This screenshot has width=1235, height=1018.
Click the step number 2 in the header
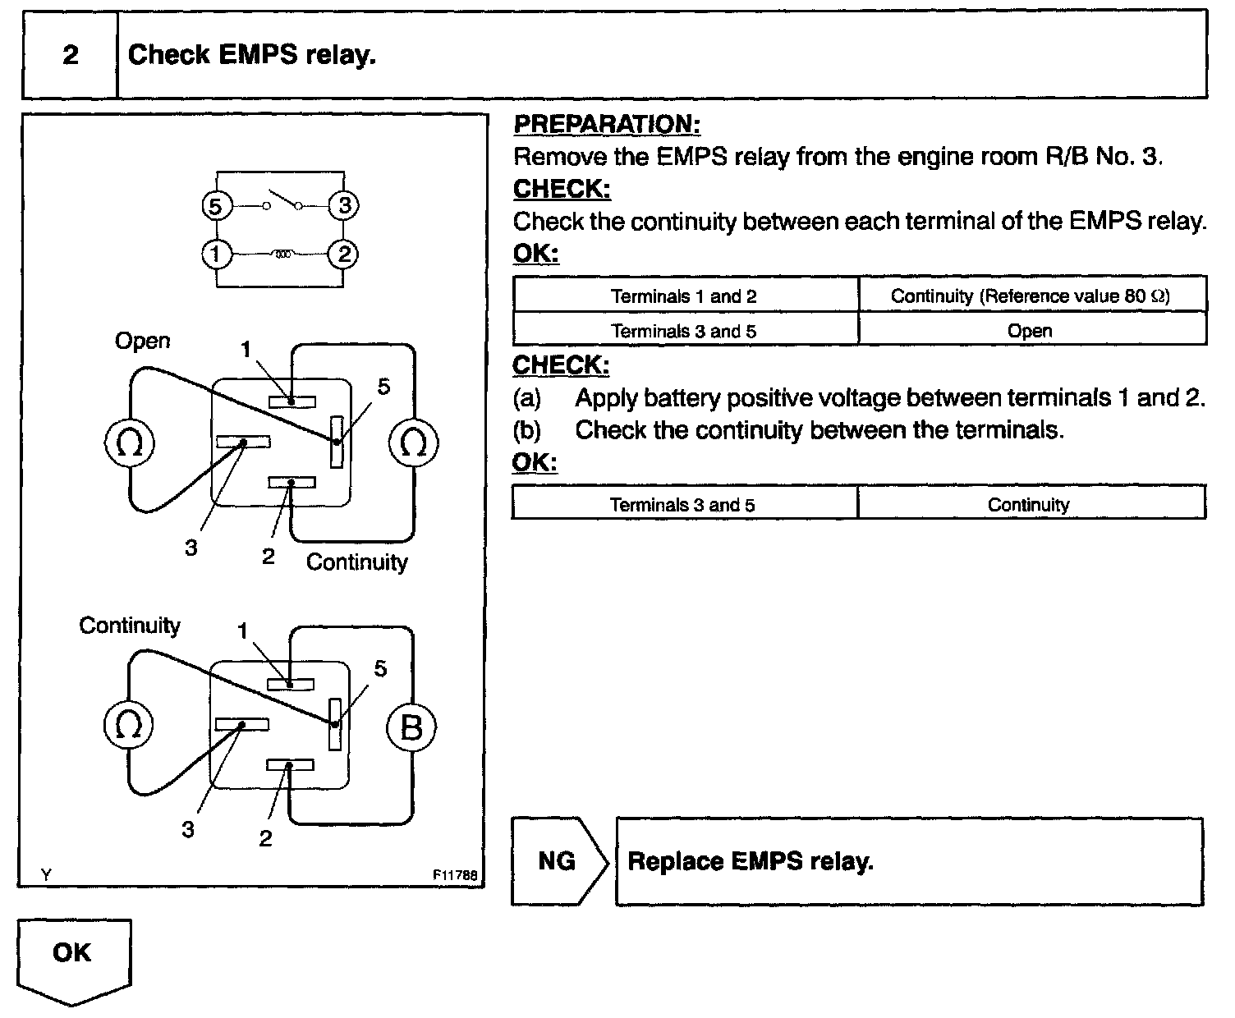(x=71, y=55)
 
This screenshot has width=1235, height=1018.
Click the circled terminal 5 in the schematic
(x=215, y=206)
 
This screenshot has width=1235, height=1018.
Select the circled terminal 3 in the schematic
(x=343, y=206)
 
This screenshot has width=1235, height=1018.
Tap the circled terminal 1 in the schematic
(x=215, y=254)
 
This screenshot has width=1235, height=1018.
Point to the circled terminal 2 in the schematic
(x=343, y=254)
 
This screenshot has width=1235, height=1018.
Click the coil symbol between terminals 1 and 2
(x=281, y=254)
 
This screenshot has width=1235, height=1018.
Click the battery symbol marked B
(x=411, y=727)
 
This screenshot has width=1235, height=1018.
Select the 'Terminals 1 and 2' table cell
(x=684, y=296)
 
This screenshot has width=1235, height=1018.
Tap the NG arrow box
(x=558, y=861)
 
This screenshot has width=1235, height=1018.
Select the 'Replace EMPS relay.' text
(x=750, y=861)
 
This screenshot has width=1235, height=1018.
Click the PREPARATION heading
(x=606, y=125)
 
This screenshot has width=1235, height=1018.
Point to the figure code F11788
(x=455, y=875)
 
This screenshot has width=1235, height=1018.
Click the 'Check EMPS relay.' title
(x=252, y=55)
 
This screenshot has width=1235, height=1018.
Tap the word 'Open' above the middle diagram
(x=142, y=341)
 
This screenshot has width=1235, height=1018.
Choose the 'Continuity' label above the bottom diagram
(x=129, y=626)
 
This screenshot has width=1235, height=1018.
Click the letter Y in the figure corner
(x=46, y=875)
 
